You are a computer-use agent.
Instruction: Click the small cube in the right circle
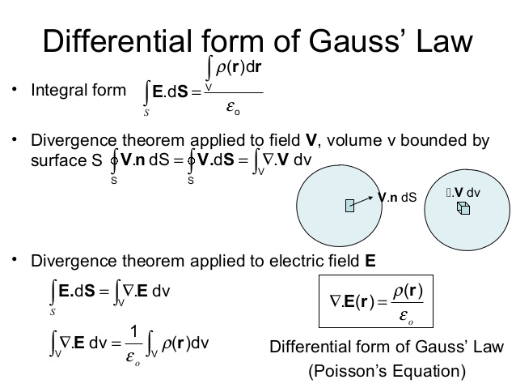tap(463, 208)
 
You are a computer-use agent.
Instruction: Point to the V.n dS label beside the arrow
tap(397, 197)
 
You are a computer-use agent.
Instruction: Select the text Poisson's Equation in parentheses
tap(386, 372)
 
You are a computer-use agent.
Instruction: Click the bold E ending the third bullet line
tap(370, 261)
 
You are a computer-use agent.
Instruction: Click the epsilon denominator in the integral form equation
tap(232, 105)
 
